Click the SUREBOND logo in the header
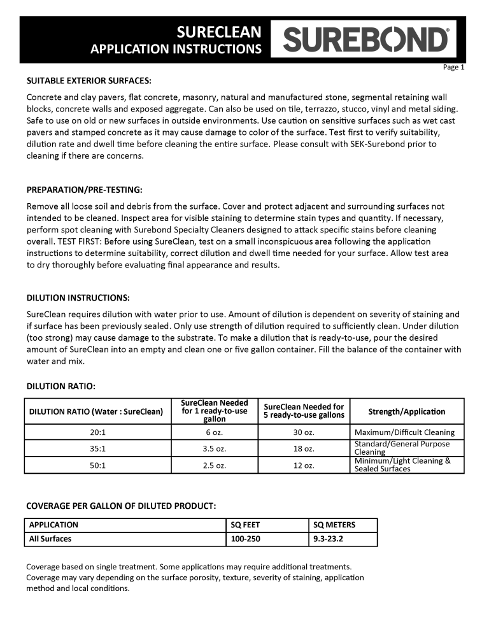coord(367,39)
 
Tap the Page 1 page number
coord(454,67)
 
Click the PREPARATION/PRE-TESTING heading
coord(85,190)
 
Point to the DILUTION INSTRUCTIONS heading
coord(78,297)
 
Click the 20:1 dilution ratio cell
coord(98,432)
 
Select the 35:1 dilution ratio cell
coord(98,448)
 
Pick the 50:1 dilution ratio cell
coord(98,466)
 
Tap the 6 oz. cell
coord(215,432)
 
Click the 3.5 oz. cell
coord(215,448)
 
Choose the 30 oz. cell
coord(304,432)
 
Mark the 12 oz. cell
coord(304,466)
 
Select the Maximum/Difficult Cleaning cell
coord(404,432)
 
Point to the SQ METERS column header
coord(335,525)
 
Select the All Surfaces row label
coord(50,539)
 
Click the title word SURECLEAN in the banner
coord(219,32)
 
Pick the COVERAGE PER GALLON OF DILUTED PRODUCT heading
coord(121,506)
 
